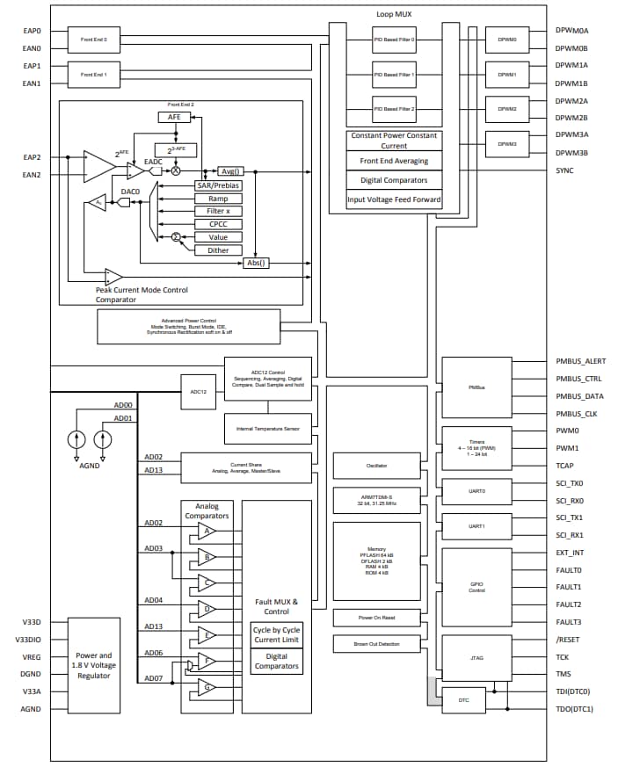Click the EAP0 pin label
click(32, 32)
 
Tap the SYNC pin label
click(564, 170)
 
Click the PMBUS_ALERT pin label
click(580, 361)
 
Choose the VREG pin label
click(31, 657)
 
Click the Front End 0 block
click(93, 40)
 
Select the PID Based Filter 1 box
click(394, 75)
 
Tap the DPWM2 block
click(506, 109)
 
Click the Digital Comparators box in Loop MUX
click(394, 180)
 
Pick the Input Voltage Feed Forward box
click(394, 199)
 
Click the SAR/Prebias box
click(218, 185)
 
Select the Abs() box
click(256, 263)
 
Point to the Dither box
click(218, 250)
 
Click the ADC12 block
click(198, 392)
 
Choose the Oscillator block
click(376, 466)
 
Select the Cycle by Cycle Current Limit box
click(276, 635)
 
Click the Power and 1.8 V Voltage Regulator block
click(93, 665)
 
